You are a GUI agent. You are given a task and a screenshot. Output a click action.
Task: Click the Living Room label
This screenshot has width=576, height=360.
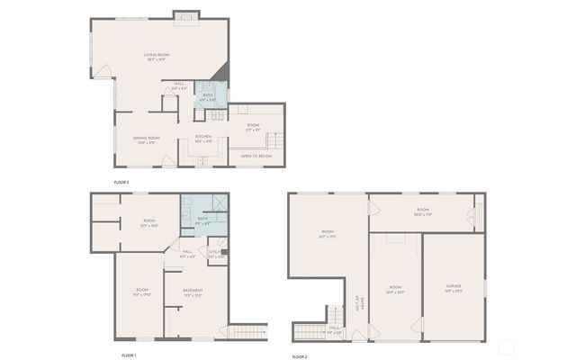157,55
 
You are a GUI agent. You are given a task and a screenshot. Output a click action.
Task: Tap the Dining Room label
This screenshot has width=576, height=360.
148,138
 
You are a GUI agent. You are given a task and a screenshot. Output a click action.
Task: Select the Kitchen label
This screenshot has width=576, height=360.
203,138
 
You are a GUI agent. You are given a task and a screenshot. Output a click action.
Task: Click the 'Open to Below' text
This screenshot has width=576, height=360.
256,156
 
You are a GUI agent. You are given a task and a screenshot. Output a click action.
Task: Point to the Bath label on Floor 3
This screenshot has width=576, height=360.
208,94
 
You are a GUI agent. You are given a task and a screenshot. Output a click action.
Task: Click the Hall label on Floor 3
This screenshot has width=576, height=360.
179,85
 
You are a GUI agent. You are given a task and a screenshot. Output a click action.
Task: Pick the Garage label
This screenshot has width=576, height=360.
453,287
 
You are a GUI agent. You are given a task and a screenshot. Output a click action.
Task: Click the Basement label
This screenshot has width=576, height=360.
193,290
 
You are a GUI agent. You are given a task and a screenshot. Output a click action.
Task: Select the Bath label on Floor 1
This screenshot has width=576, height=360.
202,219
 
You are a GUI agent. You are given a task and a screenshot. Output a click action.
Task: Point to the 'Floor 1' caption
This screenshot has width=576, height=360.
128,355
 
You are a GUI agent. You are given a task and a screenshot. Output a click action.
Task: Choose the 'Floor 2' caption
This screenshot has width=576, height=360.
300,356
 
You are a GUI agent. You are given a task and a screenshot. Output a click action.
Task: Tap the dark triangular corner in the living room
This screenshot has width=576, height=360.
220,74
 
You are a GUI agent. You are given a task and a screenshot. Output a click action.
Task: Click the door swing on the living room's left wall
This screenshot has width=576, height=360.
104,69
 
